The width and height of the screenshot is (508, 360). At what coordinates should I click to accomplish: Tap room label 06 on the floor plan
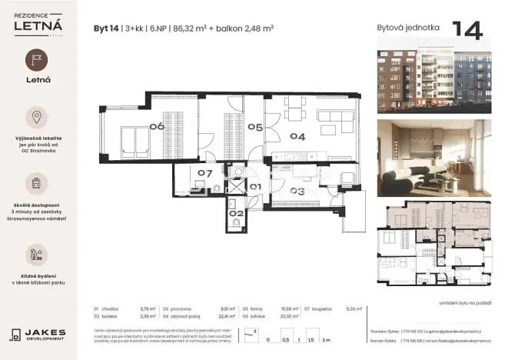pyautogui.click(x=158, y=126)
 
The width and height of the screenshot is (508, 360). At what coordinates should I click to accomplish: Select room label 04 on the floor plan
pyautogui.click(x=297, y=136)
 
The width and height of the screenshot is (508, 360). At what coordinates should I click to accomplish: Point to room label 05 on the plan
pyautogui.click(x=255, y=127)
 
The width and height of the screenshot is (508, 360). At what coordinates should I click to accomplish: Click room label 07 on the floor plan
pyautogui.click(x=204, y=174)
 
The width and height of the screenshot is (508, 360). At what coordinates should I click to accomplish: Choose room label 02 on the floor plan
pyautogui.click(x=237, y=212)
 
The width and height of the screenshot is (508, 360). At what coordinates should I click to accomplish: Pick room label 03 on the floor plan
pyautogui.click(x=297, y=191)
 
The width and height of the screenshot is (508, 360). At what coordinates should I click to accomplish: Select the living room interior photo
pyautogui.click(x=433, y=158)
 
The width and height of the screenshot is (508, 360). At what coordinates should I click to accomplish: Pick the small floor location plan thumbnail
pyautogui.click(x=433, y=245)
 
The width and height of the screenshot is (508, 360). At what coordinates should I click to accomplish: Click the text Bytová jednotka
pyautogui.click(x=408, y=28)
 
